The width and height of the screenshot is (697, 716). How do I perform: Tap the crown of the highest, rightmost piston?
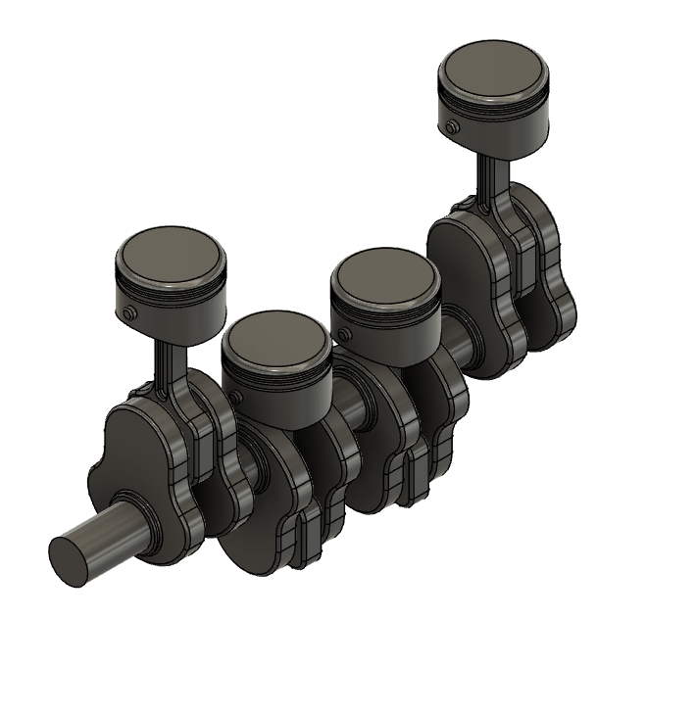[x=493, y=71]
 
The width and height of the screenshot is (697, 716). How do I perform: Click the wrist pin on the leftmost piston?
[x=129, y=313]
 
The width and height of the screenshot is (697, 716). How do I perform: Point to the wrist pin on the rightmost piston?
[x=450, y=127]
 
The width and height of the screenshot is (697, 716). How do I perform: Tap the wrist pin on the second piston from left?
[x=235, y=397]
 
